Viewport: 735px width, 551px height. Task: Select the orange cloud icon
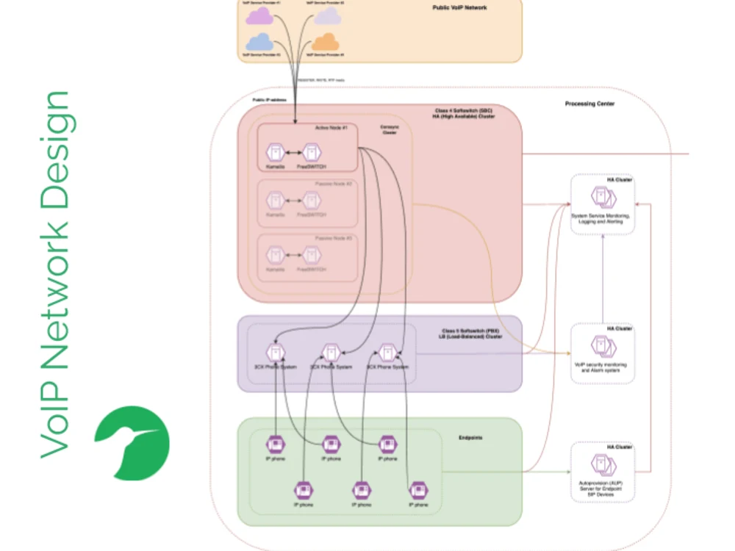(x=326, y=41)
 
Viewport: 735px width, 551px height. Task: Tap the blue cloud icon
(x=259, y=42)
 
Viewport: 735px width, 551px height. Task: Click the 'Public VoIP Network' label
(x=459, y=7)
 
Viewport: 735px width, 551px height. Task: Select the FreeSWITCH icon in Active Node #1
(x=312, y=153)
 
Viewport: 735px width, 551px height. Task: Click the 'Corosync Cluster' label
(x=389, y=129)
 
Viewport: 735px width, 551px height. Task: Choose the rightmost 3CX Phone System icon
(x=387, y=353)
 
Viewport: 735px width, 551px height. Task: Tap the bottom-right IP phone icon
(x=418, y=490)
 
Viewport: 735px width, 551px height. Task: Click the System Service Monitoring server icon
(x=602, y=198)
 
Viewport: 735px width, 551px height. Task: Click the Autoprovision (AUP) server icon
(x=602, y=465)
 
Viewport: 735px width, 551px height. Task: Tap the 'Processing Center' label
(x=589, y=104)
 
